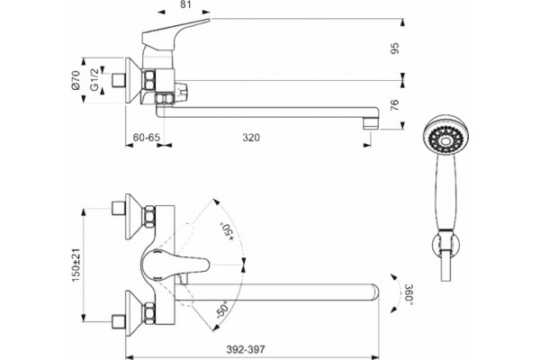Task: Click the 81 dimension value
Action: click(185, 4)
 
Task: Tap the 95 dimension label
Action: click(395, 49)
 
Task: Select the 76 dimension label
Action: click(395, 104)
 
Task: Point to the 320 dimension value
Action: click(251, 138)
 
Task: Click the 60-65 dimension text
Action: click(147, 138)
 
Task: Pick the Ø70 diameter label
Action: click(76, 80)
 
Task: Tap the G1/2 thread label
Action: click(94, 79)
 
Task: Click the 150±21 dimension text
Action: click(76, 265)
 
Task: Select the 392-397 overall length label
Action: click(246, 349)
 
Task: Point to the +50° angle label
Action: click(227, 232)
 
